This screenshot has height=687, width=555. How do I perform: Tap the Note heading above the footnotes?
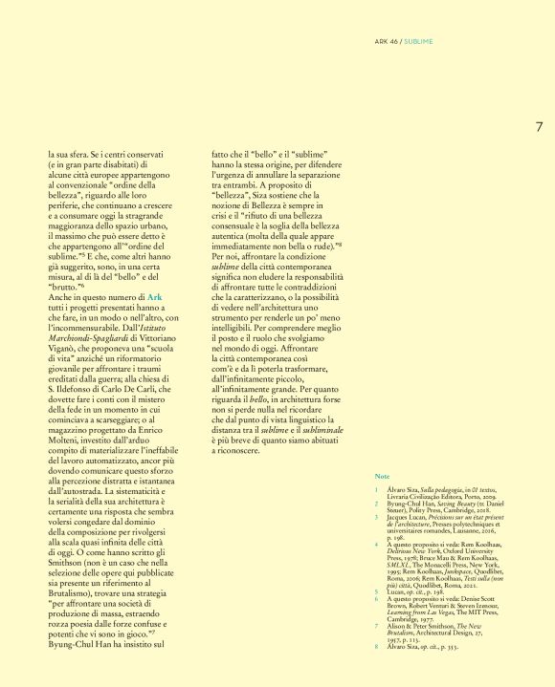pos(382,475)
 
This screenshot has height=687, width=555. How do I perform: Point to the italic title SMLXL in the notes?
pos(401,566)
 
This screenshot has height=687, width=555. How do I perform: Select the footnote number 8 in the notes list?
pos(377,646)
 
